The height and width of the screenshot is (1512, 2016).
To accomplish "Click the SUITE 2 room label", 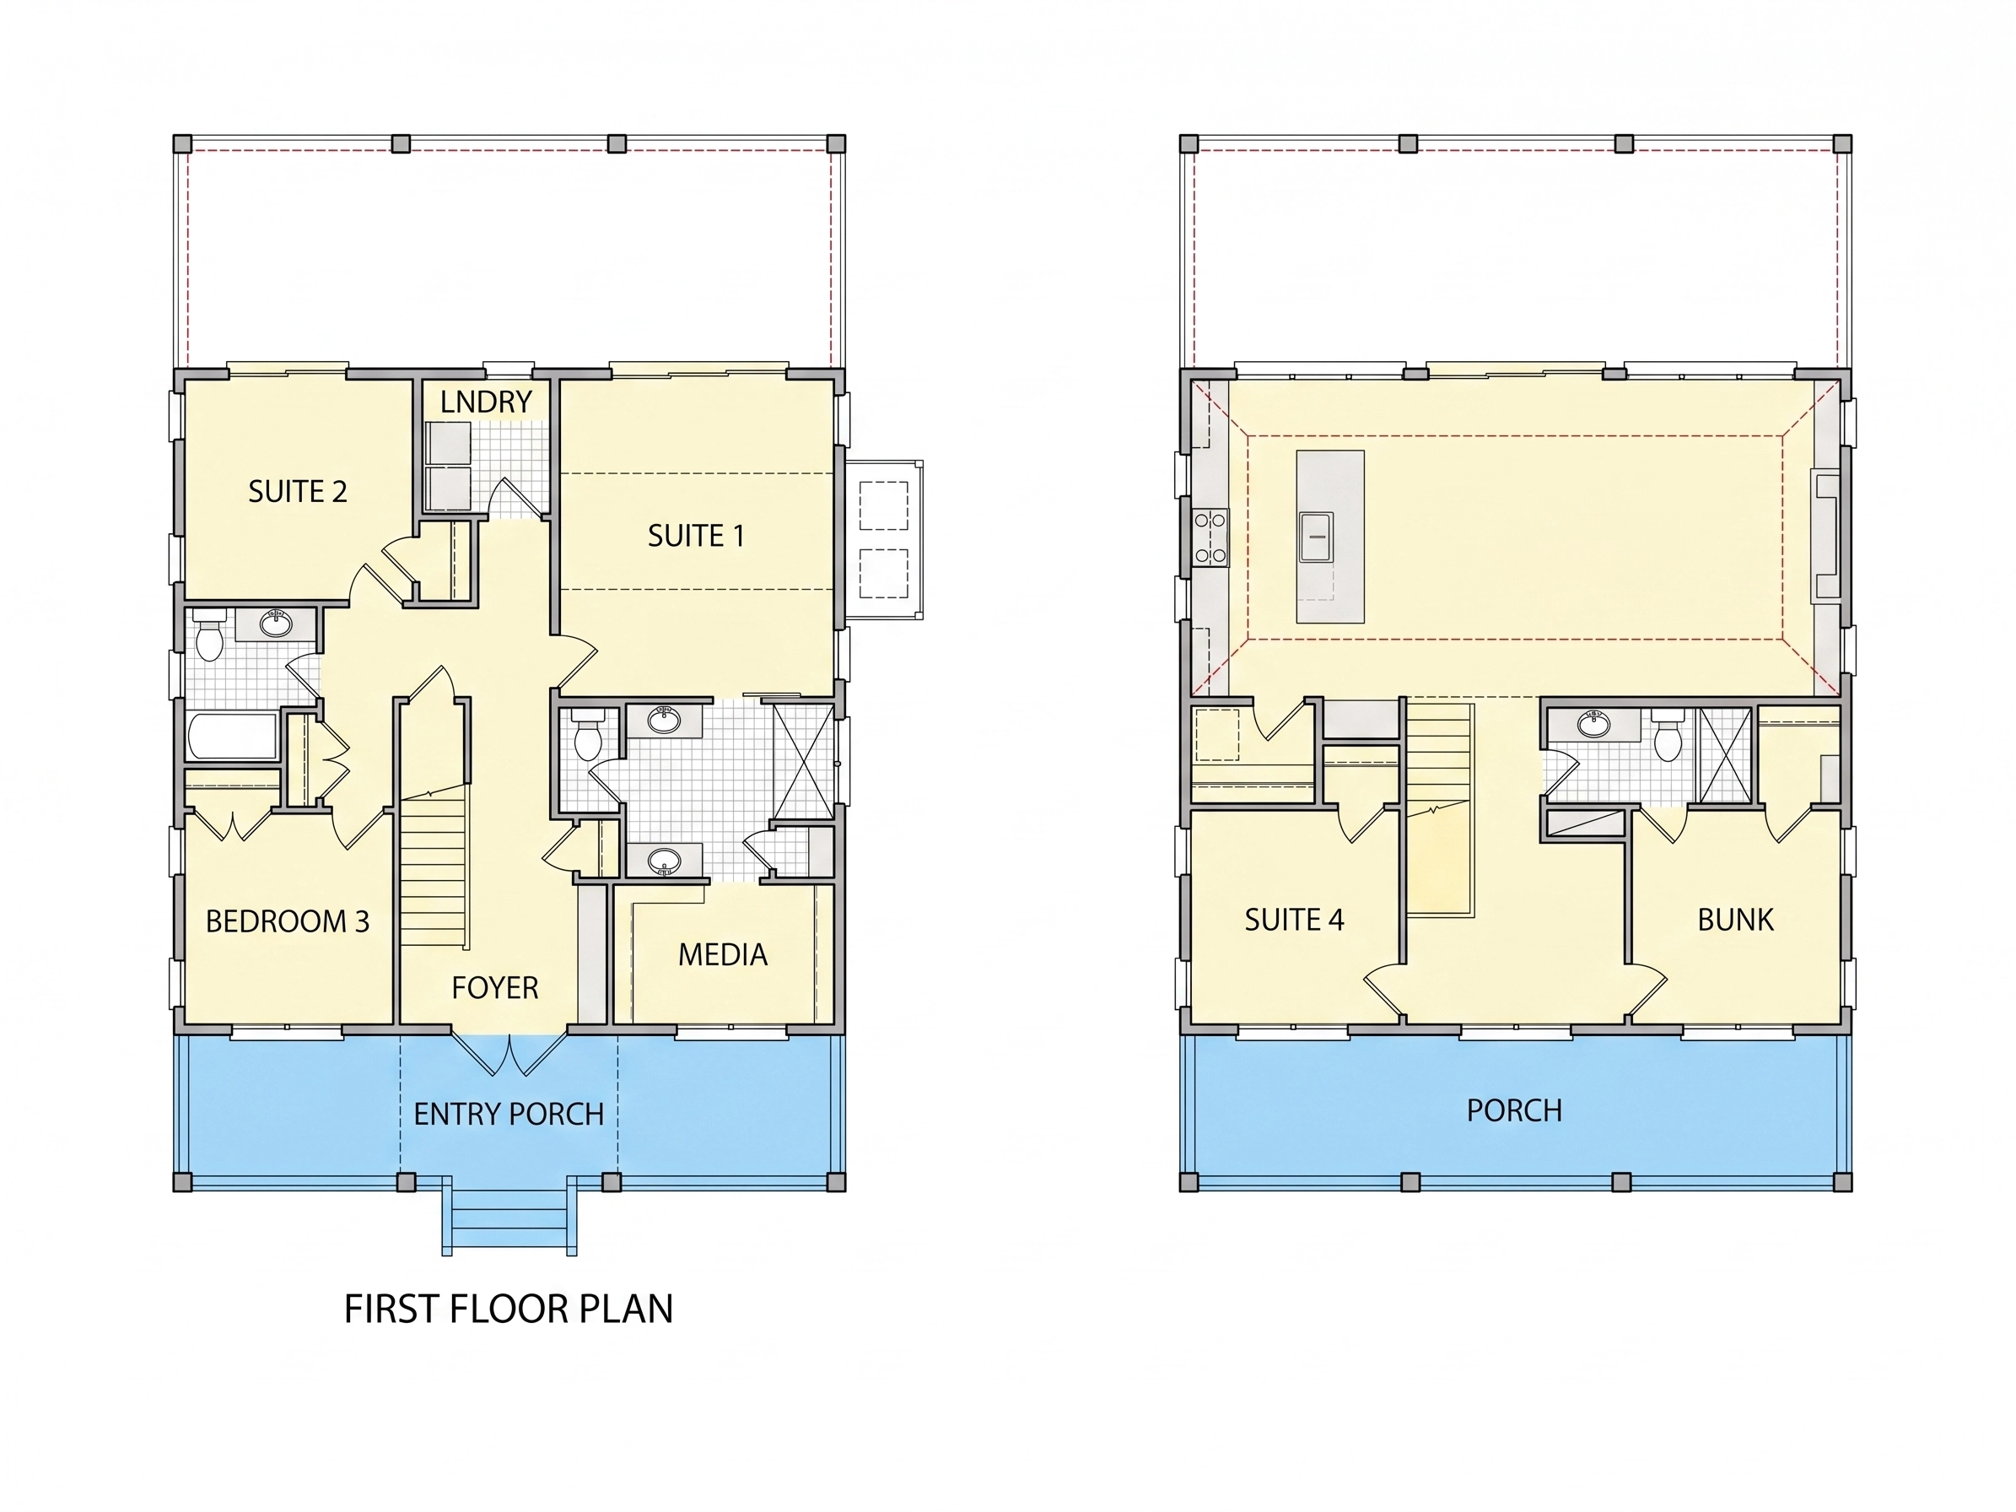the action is [x=298, y=492].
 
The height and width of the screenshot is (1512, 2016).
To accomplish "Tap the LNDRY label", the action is [x=486, y=402].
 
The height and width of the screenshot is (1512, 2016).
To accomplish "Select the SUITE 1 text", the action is [x=696, y=536].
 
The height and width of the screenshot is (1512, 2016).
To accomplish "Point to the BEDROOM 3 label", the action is [x=288, y=921].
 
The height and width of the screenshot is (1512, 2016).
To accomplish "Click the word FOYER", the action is [x=495, y=988].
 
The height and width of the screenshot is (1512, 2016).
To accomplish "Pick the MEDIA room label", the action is [x=723, y=955].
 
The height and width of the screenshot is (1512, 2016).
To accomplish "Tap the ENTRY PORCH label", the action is [x=509, y=1115].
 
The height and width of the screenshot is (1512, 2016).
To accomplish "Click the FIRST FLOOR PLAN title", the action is [x=509, y=1309].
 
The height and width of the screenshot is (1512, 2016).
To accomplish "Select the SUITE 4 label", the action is [x=1294, y=921].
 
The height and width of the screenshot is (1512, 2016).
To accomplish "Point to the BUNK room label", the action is [x=1735, y=921].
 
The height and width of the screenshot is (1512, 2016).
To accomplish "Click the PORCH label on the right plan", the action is [x=1515, y=1111].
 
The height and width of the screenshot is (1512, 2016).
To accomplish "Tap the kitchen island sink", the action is [x=1316, y=537].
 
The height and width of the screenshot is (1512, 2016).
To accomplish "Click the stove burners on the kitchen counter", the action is [x=1210, y=537].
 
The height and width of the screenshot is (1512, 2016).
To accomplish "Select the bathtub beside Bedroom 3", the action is [x=233, y=737].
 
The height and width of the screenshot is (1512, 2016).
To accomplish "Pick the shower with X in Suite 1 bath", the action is [x=803, y=761].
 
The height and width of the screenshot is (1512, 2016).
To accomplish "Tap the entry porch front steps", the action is [x=509, y=1218].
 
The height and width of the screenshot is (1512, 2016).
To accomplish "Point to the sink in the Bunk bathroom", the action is [x=1594, y=726].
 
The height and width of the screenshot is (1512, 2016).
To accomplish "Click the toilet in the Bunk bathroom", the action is [x=1668, y=737].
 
